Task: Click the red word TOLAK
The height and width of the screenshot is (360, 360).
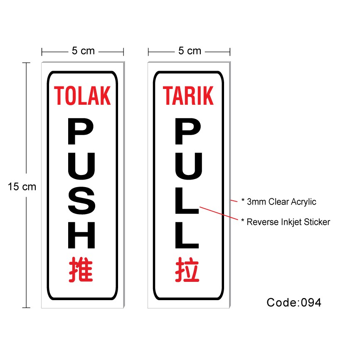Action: [x=83, y=96]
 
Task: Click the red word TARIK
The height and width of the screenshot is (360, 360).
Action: [x=188, y=96]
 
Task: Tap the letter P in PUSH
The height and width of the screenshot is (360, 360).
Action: [x=82, y=131]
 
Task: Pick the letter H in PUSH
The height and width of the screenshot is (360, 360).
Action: [x=82, y=235]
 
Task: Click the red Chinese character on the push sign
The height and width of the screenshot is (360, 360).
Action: [x=81, y=269]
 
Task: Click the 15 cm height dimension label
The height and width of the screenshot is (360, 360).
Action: [x=22, y=187]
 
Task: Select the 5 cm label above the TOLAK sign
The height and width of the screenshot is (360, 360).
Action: [x=83, y=51]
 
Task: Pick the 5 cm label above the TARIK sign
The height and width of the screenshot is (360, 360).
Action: [x=190, y=51]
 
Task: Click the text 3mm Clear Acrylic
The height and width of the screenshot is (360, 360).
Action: [x=281, y=202]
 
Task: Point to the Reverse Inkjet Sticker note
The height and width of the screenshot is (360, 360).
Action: [x=288, y=222]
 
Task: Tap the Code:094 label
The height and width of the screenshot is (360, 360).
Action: [x=294, y=302]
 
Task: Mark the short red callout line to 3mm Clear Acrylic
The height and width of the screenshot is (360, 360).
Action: [x=234, y=201]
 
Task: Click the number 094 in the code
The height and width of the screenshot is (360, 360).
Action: [x=310, y=302]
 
